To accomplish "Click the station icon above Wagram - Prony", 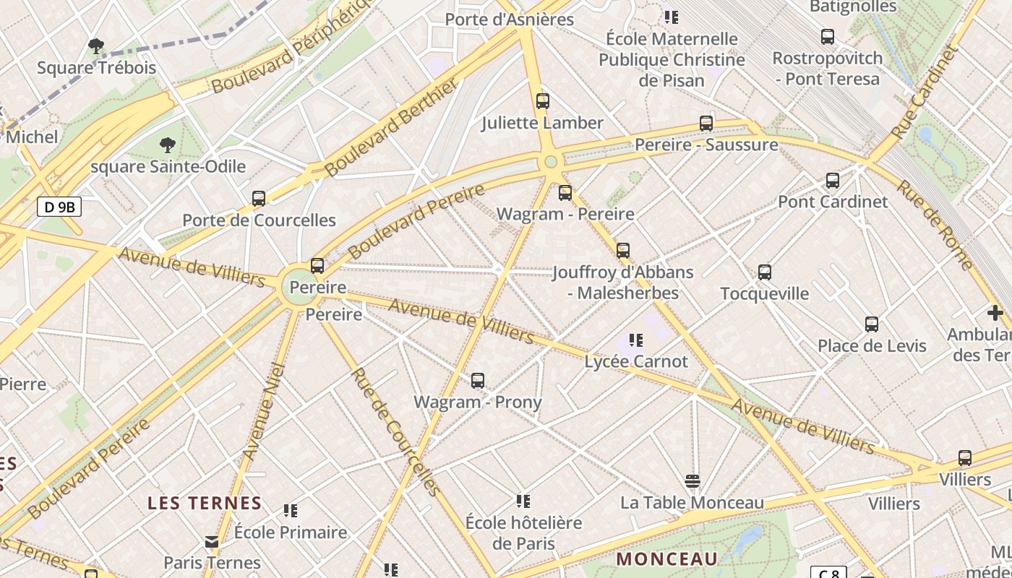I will (477, 381).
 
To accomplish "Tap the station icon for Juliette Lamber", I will (543, 101).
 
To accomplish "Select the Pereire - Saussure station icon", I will (706, 124).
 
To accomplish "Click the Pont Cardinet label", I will (833, 202).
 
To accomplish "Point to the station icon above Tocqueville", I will (765, 272).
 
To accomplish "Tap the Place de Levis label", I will (872, 346).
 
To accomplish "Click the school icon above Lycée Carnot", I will (636, 340).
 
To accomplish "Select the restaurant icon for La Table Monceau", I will (692, 481).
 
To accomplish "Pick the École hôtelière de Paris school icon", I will (523, 501).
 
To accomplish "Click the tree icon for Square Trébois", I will (96, 47).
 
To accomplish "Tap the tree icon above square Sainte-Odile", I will (168, 145).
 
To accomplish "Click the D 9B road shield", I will (59, 208).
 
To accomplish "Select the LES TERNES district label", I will (205, 503).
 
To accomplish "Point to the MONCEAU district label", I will (667, 558).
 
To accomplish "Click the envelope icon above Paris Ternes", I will (212, 542).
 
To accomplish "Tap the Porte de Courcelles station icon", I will (259, 198).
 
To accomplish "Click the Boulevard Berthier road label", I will (391, 128).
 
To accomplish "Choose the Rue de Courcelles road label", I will (395, 432).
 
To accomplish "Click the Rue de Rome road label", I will (935, 225).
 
